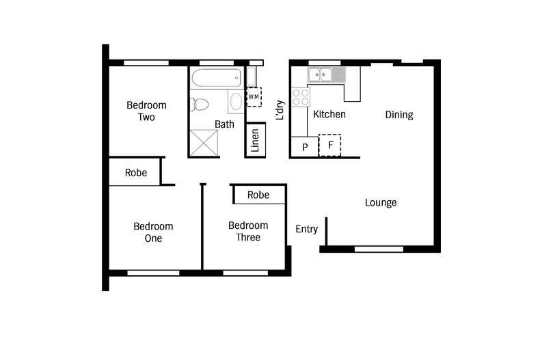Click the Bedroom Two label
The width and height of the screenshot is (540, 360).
point(146,111)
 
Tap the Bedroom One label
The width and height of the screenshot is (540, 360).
point(153,232)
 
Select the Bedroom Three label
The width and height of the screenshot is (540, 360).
point(248,232)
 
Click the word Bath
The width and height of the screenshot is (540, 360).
point(224,124)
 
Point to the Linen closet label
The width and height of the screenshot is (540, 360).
point(255,141)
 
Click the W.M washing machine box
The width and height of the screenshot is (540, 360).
point(254,97)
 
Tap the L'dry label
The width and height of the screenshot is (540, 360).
point(279,111)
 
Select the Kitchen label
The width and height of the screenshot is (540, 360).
point(329,114)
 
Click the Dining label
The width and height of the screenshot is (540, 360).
point(399,115)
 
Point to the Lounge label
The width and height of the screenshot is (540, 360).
point(381,203)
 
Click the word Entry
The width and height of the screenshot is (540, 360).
point(306,229)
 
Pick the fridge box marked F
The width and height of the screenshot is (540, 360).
point(330,146)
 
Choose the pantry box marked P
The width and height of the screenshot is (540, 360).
point(305,147)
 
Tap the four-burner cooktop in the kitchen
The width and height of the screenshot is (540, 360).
point(300,97)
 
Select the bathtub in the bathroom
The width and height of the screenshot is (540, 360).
point(215,77)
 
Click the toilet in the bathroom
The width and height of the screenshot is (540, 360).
point(200,105)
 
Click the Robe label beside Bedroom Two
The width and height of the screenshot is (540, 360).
point(135,173)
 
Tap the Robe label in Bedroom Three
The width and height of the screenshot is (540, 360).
point(258,195)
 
